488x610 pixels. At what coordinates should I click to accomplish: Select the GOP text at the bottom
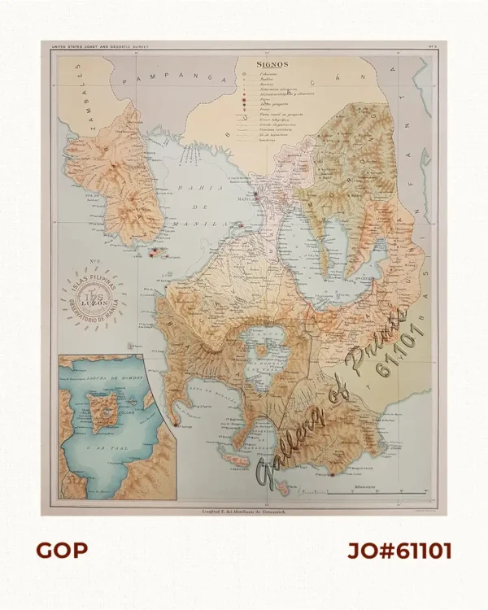tap(61, 551)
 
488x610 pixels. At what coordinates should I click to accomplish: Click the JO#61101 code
tap(399, 551)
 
